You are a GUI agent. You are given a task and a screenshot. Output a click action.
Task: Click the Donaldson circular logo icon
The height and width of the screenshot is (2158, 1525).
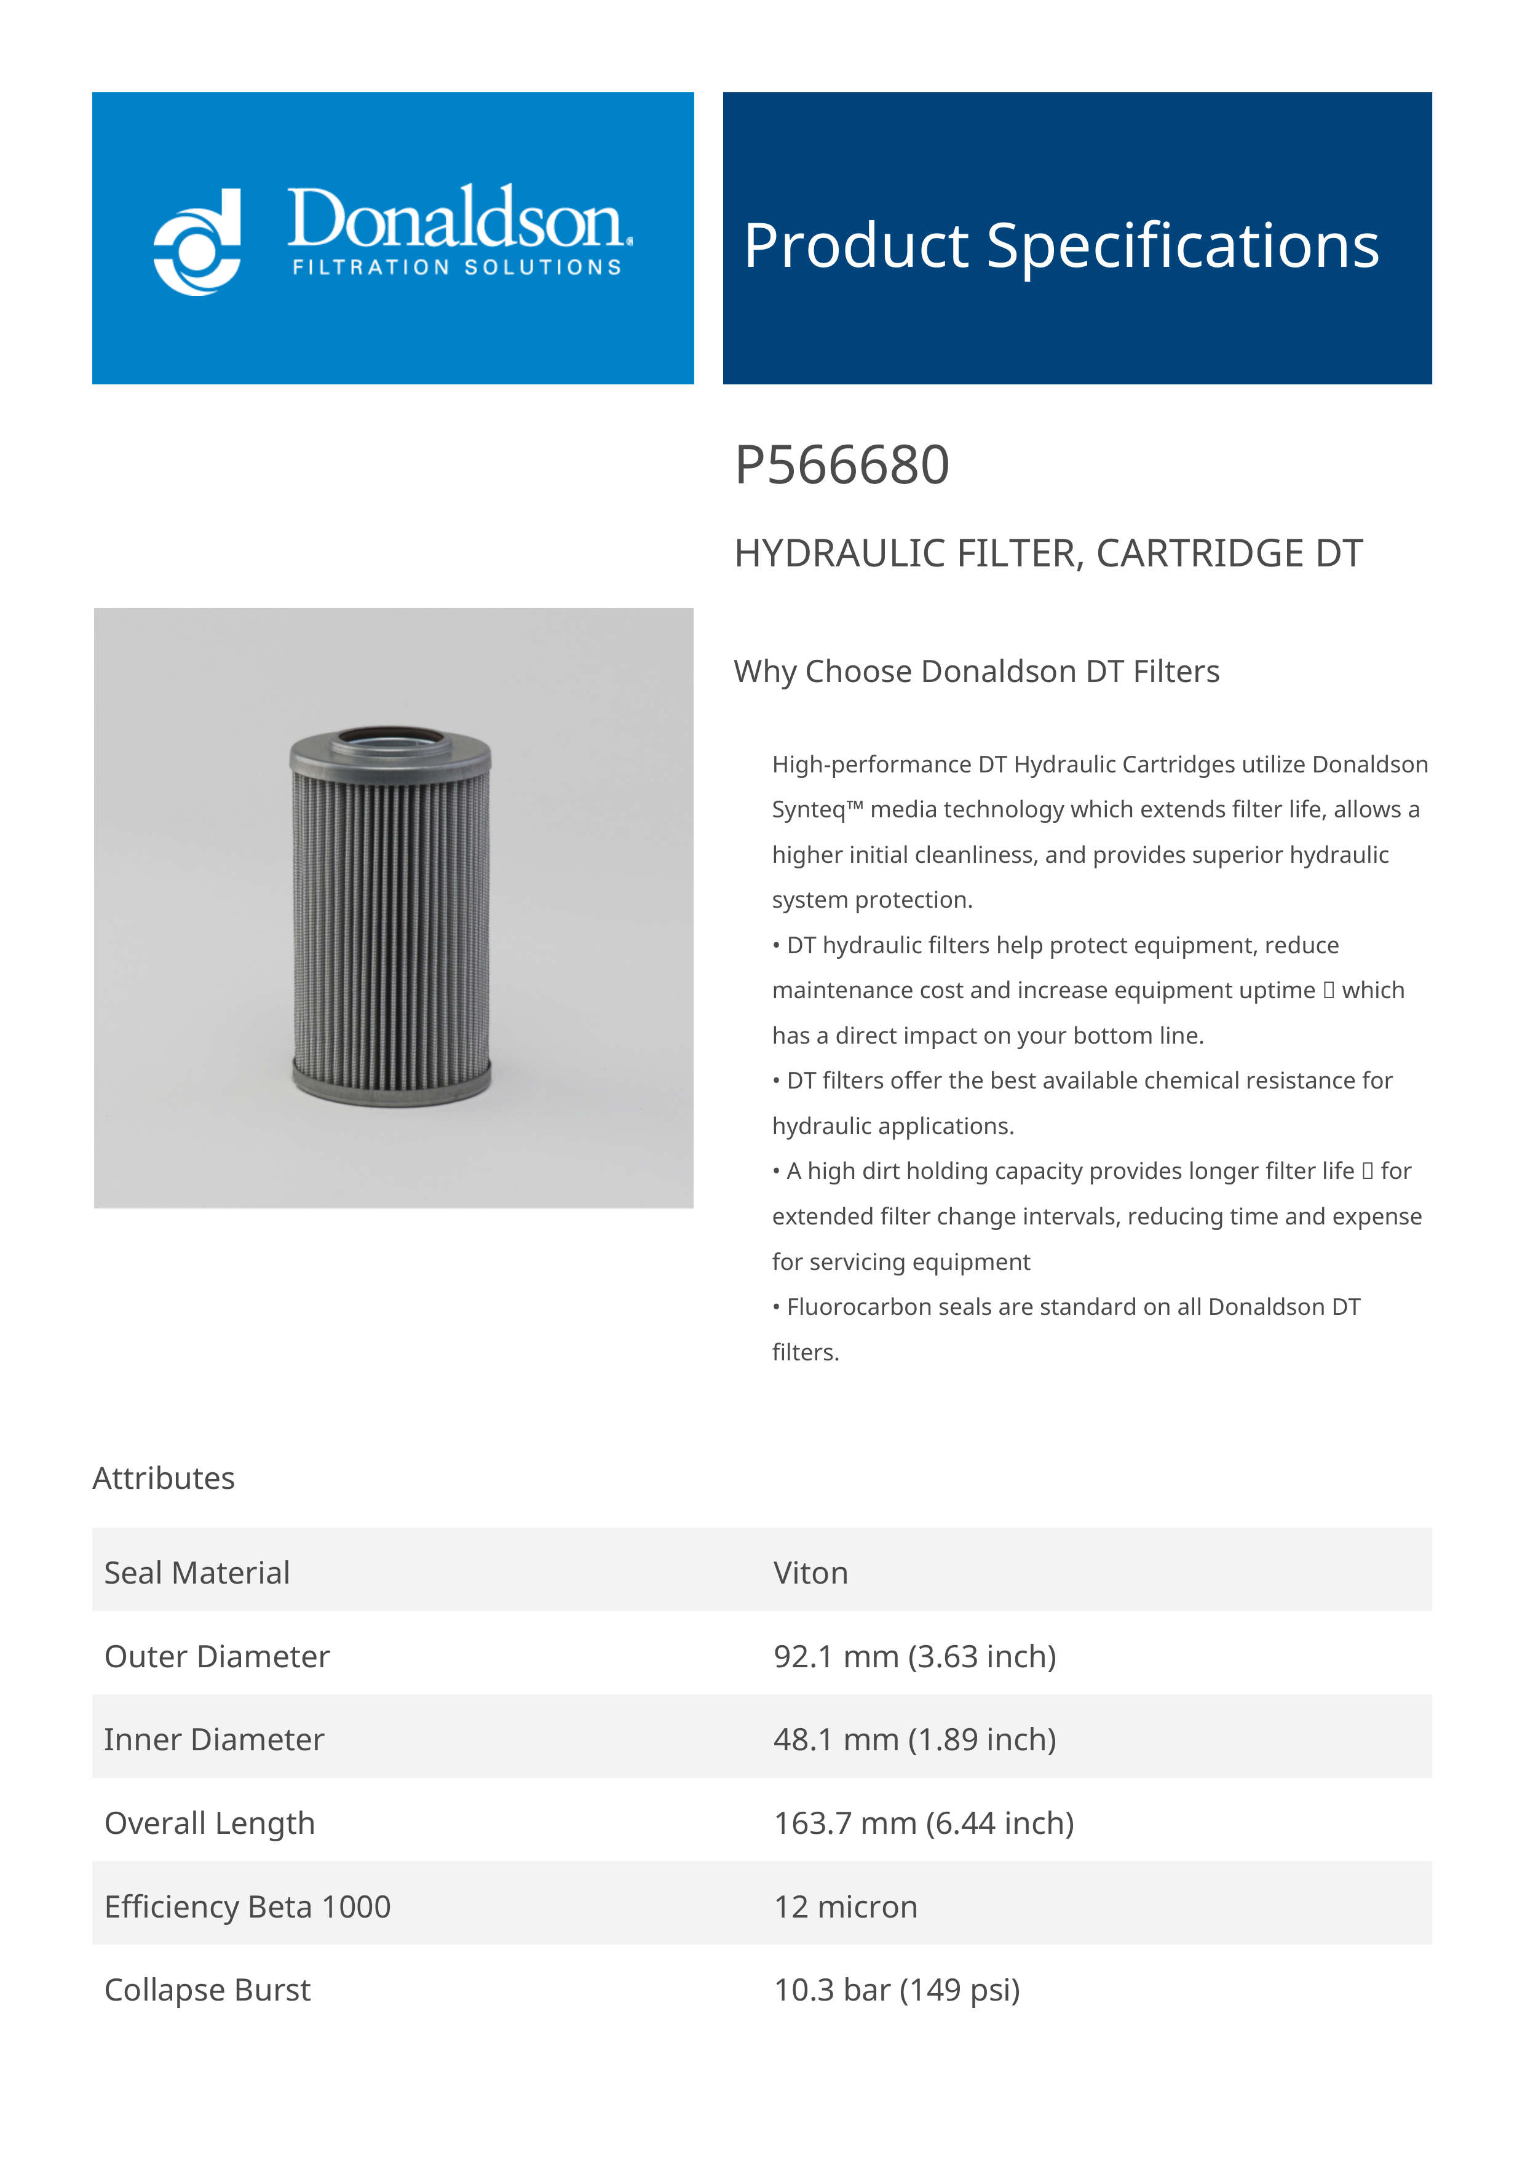[x=197, y=242]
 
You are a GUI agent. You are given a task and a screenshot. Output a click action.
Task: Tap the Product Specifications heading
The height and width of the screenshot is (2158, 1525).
[x=1061, y=245]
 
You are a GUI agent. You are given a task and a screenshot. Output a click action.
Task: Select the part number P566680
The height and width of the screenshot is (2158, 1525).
[x=841, y=466]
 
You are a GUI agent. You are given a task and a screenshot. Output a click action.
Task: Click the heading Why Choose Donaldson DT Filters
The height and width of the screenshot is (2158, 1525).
[x=976, y=671]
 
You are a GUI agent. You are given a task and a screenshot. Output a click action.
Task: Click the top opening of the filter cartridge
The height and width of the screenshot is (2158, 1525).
[x=389, y=736]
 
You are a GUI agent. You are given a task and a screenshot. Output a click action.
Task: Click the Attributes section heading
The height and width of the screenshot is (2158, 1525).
[x=164, y=1478]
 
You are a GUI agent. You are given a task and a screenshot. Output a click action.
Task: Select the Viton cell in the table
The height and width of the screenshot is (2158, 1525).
[x=810, y=1573]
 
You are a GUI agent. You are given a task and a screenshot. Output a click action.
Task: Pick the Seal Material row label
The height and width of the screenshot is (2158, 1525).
[x=196, y=1573]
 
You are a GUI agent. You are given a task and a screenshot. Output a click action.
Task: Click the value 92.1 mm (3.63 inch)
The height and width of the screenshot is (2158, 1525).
[x=914, y=1656]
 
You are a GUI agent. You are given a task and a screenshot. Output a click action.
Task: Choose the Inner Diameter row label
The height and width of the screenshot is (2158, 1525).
[x=214, y=1740]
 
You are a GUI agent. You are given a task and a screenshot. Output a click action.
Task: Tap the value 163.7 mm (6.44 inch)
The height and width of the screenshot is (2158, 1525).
[x=923, y=1823]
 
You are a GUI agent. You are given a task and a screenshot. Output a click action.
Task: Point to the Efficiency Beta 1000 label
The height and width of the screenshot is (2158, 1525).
[x=247, y=1907]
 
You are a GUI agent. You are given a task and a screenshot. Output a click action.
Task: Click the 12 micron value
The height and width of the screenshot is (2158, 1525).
[x=845, y=1907]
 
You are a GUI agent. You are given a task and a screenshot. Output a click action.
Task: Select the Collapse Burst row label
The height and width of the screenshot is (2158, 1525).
[x=207, y=1989]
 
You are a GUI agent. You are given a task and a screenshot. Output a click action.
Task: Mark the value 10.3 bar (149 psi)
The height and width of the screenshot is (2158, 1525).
[x=897, y=1989]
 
